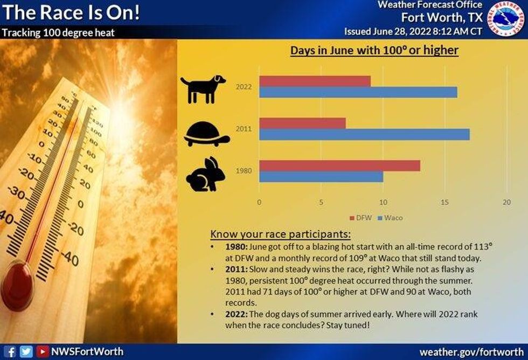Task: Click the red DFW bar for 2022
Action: (315, 81)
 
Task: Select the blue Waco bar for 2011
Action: (364, 134)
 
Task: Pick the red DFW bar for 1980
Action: (340, 165)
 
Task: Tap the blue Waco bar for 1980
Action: (321, 177)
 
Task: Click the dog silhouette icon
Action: (203, 89)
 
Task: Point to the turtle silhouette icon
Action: (207, 134)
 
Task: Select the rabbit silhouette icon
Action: (205, 174)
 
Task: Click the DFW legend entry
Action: (360, 218)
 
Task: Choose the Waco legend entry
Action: (390, 218)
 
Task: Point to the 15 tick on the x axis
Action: (444, 203)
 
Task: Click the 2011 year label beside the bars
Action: (244, 129)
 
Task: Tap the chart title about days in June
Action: (374, 51)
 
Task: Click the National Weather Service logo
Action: (506, 18)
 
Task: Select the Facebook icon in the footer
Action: (10, 352)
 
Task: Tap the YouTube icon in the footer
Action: (42, 351)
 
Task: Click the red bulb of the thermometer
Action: (17, 286)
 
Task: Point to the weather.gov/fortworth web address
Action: (471, 352)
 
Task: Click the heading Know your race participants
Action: (281, 234)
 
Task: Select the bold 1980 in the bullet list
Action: (237, 247)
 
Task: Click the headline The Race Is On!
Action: (71, 12)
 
